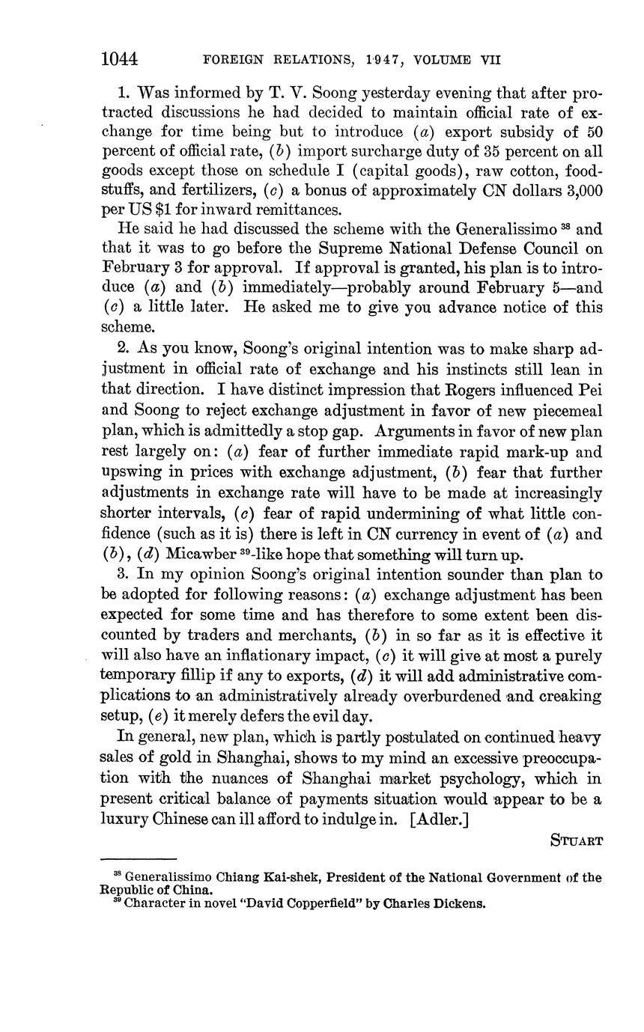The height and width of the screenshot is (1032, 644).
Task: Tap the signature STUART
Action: click(x=577, y=840)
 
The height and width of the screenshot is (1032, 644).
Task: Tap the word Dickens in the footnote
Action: click(x=461, y=903)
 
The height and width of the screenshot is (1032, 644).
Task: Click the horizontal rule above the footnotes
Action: click(x=138, y=859)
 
